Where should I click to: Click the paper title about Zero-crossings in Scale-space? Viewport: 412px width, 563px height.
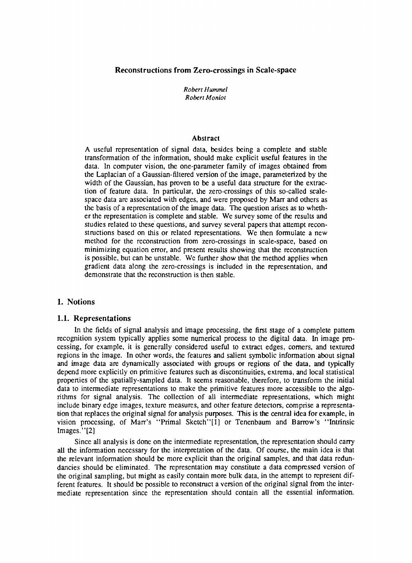point(205,70)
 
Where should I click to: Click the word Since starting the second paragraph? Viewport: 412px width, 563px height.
point(82,441)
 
